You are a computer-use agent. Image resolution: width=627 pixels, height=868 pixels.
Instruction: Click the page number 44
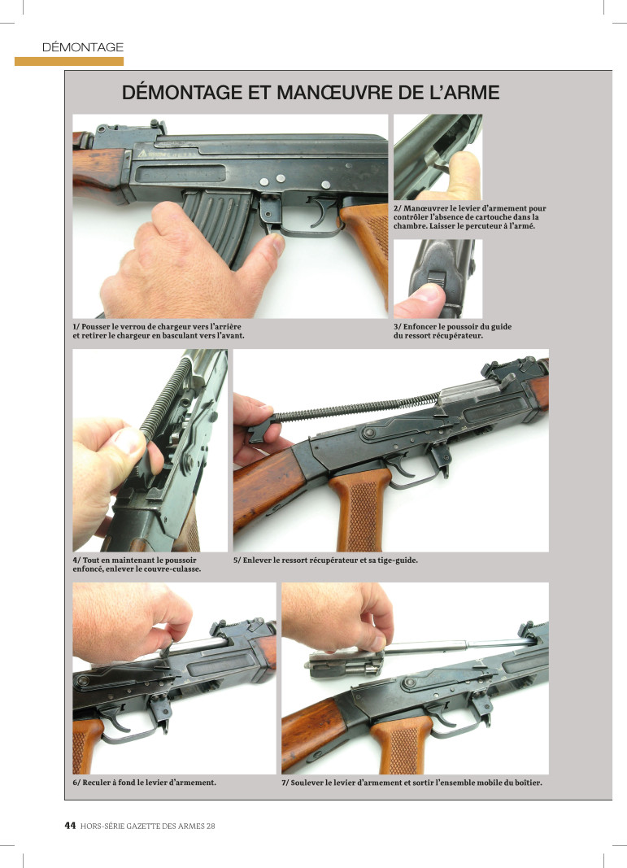coord(70,826)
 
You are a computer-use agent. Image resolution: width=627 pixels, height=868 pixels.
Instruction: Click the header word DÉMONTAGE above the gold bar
coord(82,47)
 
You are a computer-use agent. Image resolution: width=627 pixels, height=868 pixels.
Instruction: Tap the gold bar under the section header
coord(68,62)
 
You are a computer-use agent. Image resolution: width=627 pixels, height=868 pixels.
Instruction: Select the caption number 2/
coord(398,209)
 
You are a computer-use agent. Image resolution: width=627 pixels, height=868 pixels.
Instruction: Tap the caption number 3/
coord(398,326)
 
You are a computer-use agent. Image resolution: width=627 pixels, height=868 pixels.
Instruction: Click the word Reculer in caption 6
coord(96,783)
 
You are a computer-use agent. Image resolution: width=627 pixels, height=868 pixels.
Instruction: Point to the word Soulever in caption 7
coord(307,783)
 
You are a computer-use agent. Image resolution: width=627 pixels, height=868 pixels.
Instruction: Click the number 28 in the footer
coord(211,826)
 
